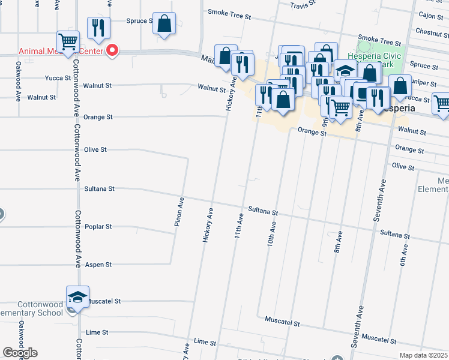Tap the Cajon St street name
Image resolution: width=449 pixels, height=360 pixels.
point(430,16)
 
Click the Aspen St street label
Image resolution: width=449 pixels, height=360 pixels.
point(100,265)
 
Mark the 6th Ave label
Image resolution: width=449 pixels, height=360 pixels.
point(403,254)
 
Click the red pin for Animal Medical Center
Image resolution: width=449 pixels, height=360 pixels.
point(111,50)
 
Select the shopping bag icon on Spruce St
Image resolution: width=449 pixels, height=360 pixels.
point(164,23)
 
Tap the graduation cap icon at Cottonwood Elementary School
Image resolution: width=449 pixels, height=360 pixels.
point(77,297)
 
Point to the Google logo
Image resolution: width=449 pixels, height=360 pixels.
point(20,353)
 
